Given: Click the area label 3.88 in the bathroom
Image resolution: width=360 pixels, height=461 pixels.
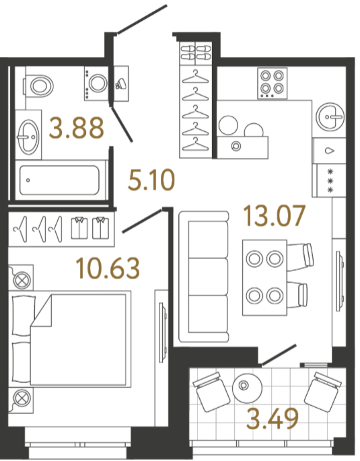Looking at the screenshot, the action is [77, 128].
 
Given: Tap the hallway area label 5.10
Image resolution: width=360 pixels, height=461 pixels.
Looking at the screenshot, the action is [151, 180].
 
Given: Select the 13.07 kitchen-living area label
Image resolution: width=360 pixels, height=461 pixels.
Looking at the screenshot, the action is [275, 216].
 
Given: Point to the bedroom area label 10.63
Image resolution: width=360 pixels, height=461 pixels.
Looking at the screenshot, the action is [108, 268].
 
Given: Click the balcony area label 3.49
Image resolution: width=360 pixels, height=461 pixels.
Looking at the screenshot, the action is [273, 419].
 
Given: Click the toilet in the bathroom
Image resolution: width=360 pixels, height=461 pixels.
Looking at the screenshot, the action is [38, 85].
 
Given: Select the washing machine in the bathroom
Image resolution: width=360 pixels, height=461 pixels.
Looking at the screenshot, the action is [96, 83].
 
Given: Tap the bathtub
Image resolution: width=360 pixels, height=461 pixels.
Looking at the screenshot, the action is [60, 180].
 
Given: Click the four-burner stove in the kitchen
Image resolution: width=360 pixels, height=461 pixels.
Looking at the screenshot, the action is [272, 83].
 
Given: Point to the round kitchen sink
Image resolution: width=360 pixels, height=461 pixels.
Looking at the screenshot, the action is [330, 116].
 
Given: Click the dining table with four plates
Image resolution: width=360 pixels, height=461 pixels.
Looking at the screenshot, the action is [264, 278].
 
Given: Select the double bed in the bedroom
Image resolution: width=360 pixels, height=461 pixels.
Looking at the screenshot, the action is [70, 338].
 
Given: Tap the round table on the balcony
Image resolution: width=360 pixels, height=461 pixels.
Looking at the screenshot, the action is [247, 388].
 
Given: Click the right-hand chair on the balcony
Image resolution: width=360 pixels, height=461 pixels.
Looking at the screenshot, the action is [322, 392].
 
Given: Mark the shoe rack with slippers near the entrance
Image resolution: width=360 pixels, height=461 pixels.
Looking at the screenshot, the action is [196, 54].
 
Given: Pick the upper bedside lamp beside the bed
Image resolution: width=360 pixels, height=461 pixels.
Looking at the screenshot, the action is [22, 278].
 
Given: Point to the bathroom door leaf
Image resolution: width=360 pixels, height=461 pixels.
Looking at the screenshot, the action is [122, 124].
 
